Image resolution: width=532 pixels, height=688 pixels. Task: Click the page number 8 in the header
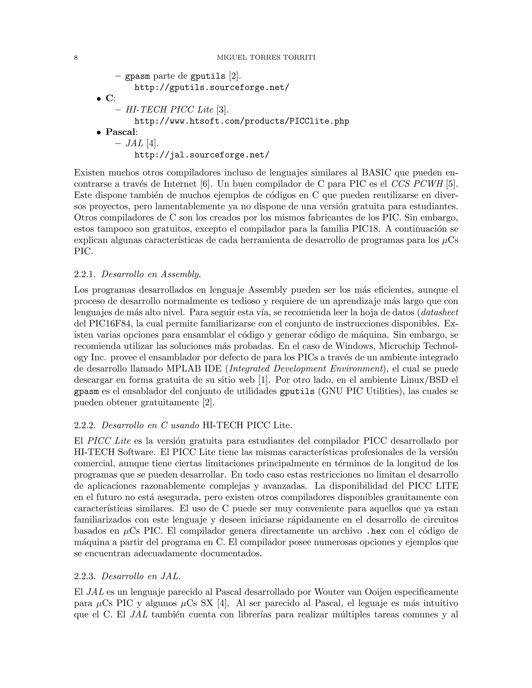click(x=76, y=58)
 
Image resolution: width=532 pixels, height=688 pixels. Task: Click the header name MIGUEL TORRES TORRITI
click(x=266, y=58)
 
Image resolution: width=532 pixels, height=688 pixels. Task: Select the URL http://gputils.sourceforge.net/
click(x=211, y=87)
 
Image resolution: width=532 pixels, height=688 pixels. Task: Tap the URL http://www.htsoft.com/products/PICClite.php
click(x=242, y=121)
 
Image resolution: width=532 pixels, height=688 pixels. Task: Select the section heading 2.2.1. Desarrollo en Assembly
click(x=138, y=274)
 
